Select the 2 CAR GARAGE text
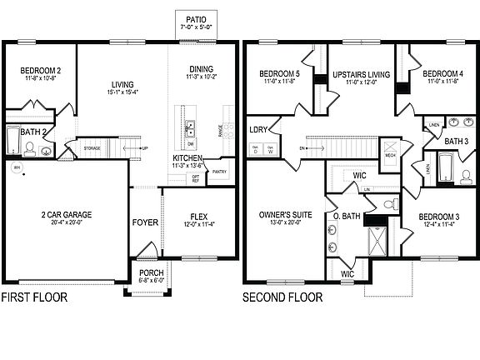64,214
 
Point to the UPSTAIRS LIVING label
356,76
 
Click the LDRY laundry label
258,129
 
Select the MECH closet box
389,153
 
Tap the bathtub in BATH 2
12,142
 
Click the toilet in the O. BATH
387,204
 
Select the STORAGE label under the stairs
92,149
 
